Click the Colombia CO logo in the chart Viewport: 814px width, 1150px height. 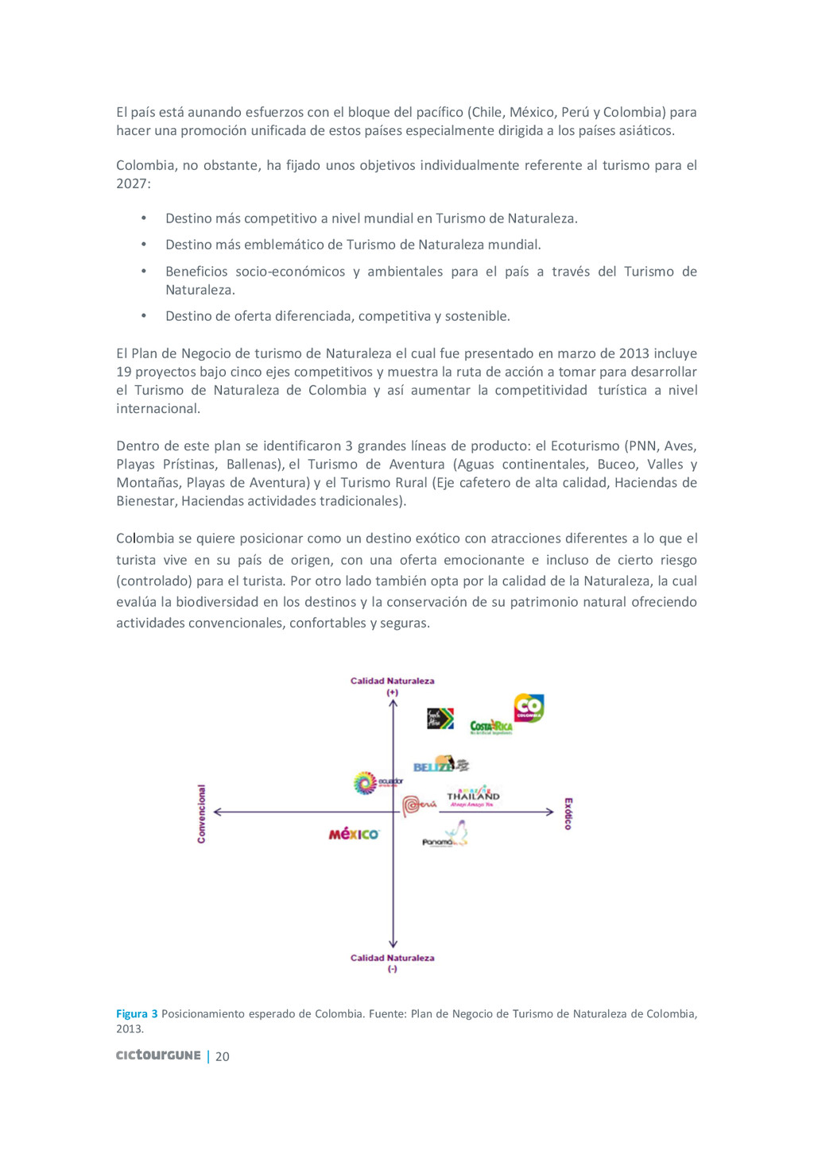click(529, 707)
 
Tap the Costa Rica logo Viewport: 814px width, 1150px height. click(491, 727)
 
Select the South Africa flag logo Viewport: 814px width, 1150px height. click(440, 719)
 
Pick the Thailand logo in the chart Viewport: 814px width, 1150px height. click(473, 796)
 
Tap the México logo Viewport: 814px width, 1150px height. click(354, 834)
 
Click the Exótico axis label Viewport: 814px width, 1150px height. click(568, 813)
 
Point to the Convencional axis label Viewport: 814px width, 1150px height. click(201, 813)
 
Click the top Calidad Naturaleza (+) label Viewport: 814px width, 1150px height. click(393, 686)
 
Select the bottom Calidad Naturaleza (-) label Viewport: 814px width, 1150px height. click(393, 963)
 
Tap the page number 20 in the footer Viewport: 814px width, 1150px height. click(223, 1056)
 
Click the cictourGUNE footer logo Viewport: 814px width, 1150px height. click(158, 1055)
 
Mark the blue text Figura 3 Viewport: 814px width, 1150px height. click(137, 1013)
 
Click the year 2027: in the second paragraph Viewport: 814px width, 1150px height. click(133, 183)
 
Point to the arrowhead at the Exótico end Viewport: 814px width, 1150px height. click(549, 812)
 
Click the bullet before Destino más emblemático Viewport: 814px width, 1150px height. click(144, 245)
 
